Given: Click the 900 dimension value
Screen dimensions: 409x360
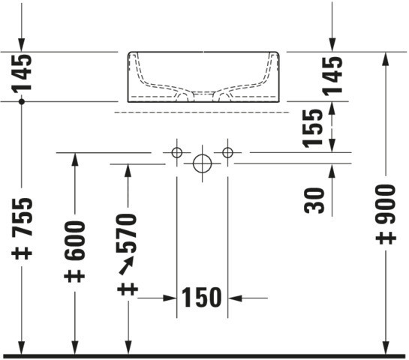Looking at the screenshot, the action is tap(386, 204).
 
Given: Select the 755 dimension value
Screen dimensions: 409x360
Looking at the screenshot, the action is tap(23, 217).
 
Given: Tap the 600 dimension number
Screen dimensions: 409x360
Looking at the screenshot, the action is tap(75, 240).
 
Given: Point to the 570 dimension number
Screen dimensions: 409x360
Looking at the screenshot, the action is tap(127, 233).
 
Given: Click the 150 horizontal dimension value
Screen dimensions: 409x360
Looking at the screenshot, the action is tap(202, 297).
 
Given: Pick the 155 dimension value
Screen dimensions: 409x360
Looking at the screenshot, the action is tap(312, 128).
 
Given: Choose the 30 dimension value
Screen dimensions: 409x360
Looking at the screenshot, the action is tap(314, 200).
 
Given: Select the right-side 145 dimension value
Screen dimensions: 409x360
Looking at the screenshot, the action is tap(332, 76).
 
